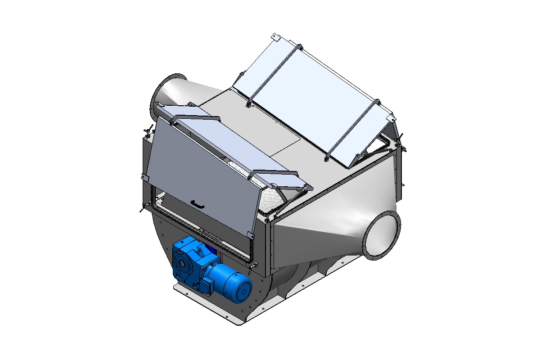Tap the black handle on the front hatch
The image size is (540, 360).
coord(197,204)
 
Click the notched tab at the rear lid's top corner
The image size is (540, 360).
coord(277,38)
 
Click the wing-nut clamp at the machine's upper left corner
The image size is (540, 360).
coord(147,133)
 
